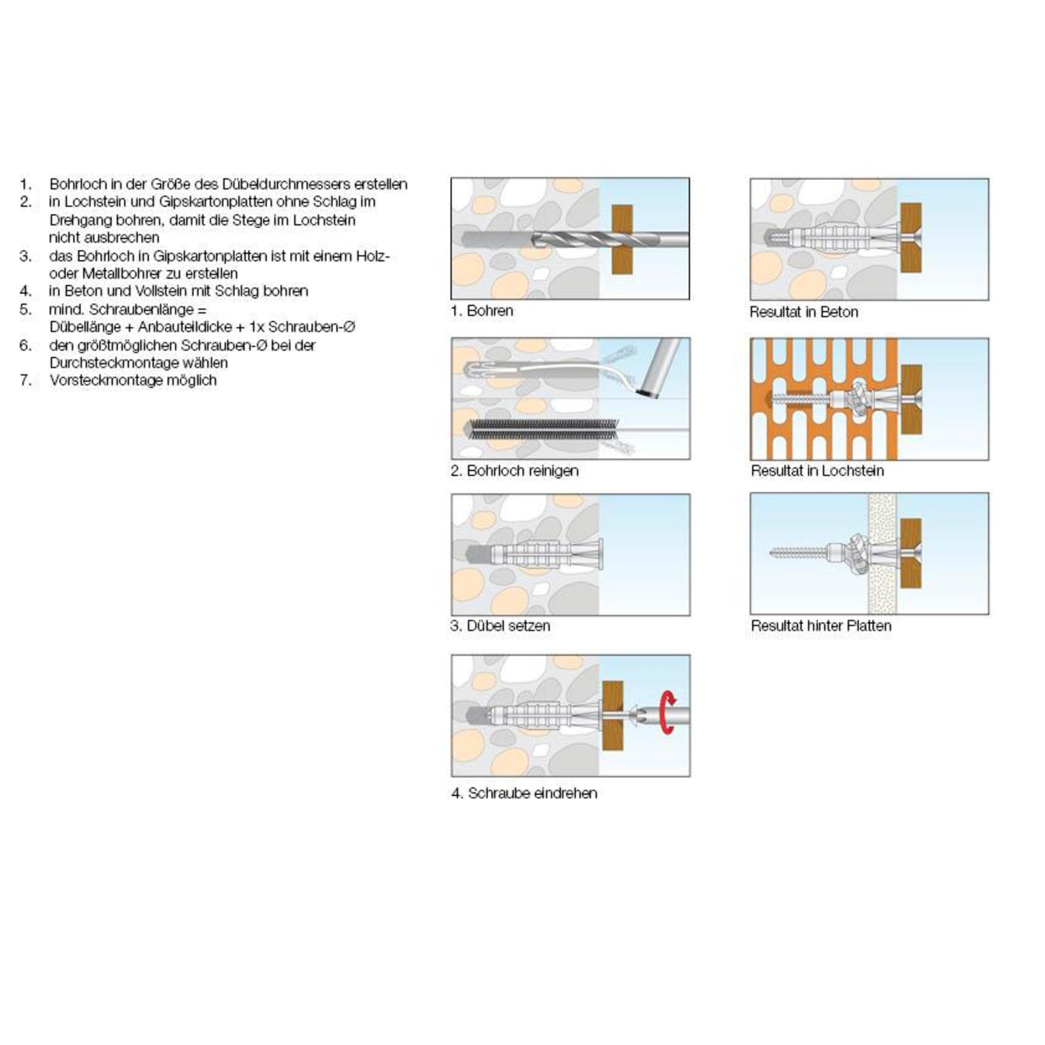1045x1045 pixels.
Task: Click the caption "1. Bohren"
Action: coord(482,311)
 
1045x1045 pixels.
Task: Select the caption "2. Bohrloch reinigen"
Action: coord(515,471)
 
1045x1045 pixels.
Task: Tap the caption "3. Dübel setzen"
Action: coord(501,626)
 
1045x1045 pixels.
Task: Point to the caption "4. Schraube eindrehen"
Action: coord(524,793)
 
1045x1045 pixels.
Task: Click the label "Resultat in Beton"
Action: coord(804,312)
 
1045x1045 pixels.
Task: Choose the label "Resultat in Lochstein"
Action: coord(817,471)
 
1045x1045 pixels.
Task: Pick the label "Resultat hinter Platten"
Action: coord(821,626)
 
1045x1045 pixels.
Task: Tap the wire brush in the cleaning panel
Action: coord(544,429)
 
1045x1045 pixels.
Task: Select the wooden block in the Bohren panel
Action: coord(622,239)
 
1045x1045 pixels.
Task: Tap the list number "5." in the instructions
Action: coord(26,309)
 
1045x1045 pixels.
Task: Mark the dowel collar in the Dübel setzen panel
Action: coord(601,555)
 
